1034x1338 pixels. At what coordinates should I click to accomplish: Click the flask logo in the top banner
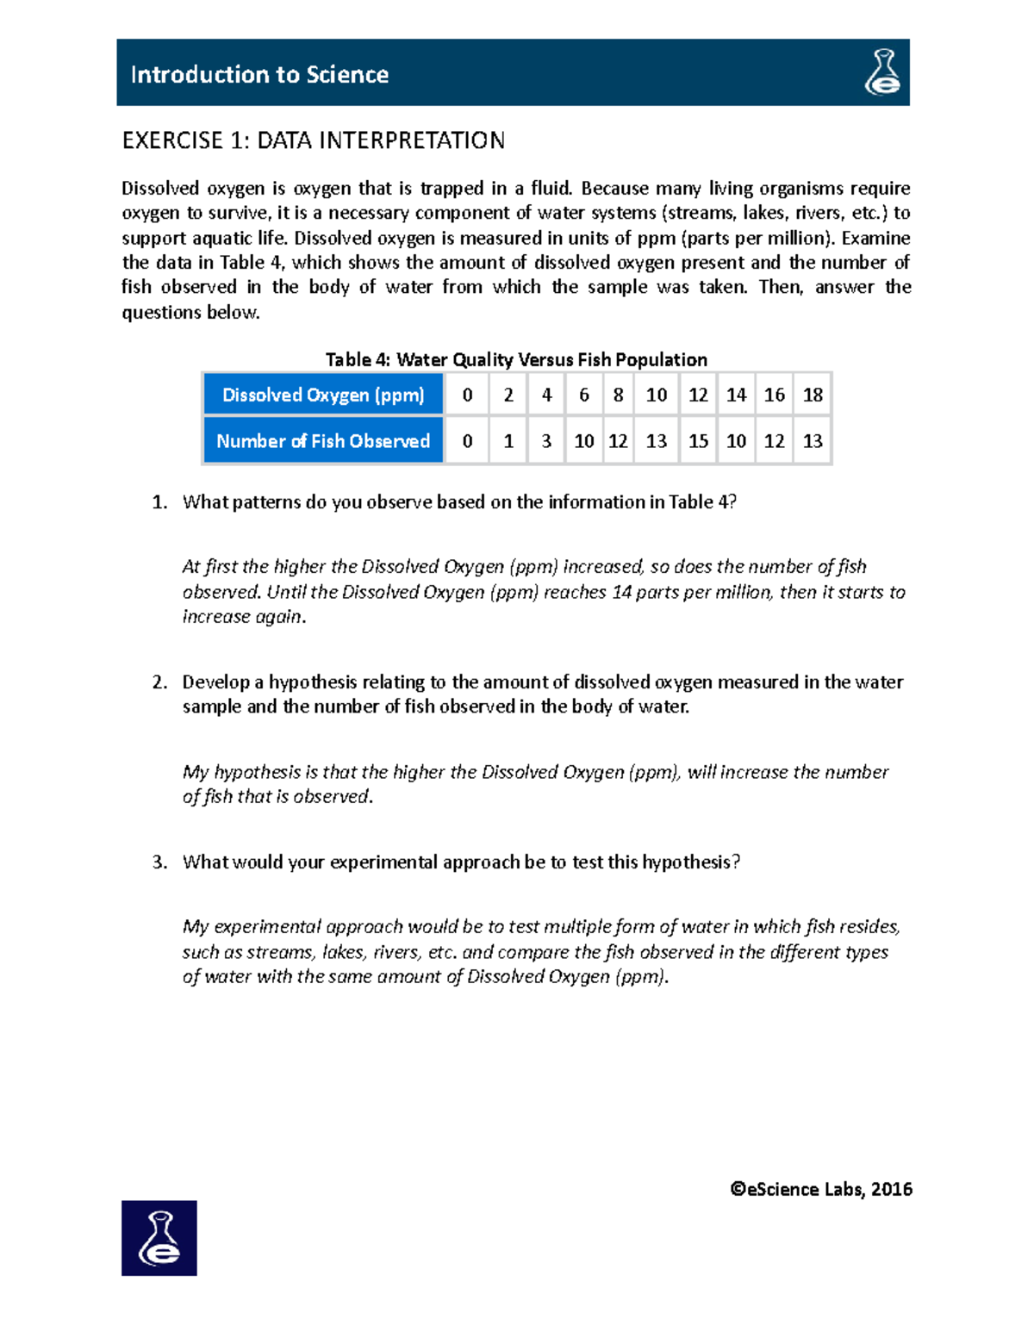point(882,72)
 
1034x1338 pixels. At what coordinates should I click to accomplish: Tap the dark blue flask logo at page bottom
point(159,1237)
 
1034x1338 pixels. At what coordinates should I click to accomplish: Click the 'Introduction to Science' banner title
point(259,75)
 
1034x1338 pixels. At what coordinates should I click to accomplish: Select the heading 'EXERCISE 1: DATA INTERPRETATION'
point(313,140)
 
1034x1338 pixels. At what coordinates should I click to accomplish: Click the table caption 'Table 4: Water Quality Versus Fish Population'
point(516,359)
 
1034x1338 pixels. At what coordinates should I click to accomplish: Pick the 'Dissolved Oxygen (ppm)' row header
point(323,395)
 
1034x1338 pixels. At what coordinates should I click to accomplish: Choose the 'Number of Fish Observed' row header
point(323,441)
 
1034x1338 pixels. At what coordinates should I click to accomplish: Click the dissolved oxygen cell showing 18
point(813,395)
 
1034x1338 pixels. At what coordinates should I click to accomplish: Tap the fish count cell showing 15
point(698,441)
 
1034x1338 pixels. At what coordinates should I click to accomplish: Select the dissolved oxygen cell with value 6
point(583,395)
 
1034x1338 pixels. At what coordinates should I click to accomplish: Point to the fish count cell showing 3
point(546,441)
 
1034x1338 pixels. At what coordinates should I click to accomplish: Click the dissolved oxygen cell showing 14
point(736,395)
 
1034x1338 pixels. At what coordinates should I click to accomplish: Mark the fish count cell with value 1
point(508,441)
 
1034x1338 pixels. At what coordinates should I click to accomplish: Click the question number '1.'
point(159,502)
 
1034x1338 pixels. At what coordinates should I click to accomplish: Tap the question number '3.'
point(159,862)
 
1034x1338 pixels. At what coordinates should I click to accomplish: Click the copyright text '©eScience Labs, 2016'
point(820,1190)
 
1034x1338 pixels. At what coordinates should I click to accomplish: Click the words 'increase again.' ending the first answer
point(244,617)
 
